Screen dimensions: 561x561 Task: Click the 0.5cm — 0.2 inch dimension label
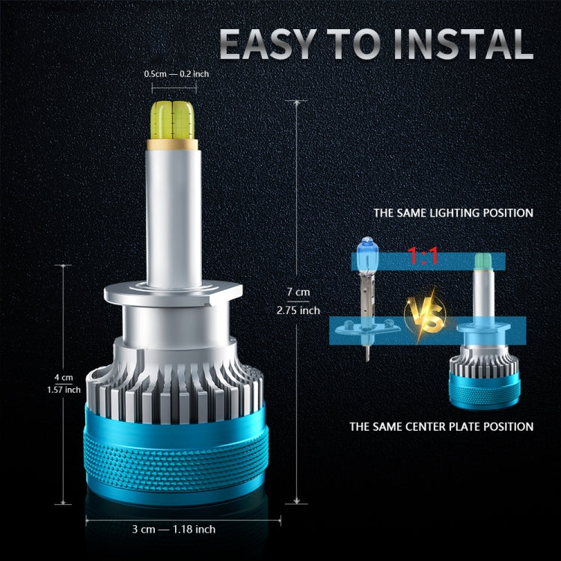click(x=177, y=74)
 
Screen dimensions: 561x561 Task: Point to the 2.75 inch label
click(x=299, y=310)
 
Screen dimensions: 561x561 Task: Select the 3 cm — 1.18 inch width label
click(x=174, y=529)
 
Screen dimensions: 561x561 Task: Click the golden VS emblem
click(x=423, y=315)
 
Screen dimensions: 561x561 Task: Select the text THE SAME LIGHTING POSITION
click(x=453, y=213)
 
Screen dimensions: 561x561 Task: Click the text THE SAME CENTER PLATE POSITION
click(x=441, y=427)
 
